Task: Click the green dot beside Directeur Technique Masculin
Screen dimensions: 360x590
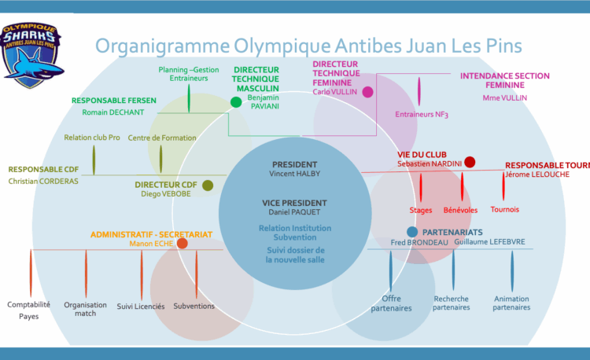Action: coord(236,102)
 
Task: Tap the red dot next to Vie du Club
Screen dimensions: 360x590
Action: coord(470,162)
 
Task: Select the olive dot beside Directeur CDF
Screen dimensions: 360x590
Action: coord(208,186)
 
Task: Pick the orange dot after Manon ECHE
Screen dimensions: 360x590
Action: coord(183,244)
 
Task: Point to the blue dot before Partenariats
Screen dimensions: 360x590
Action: coord(412,232)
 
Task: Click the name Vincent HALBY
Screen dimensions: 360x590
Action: coord(295,173)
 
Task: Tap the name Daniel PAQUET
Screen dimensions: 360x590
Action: coord(294,213)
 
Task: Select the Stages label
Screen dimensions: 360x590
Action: coord(421,210)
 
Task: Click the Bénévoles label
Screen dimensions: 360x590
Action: coord(460,210)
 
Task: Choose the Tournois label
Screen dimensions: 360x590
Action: coord(504,209)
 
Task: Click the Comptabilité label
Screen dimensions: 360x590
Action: coord(29,304)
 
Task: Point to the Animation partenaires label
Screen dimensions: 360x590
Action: coord(511,303)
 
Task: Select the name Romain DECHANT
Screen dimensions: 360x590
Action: coord(113,112)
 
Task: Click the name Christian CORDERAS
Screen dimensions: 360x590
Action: coord(45,182)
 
